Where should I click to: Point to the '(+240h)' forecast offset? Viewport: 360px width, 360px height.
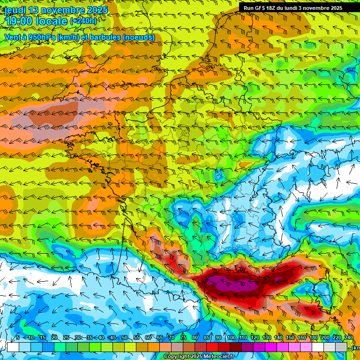83,21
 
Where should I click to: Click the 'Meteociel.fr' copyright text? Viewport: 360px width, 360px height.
216,357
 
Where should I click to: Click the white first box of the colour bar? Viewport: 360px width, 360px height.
13,347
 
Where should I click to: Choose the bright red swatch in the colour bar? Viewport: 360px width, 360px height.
212,347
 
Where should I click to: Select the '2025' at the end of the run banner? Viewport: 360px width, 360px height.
335,8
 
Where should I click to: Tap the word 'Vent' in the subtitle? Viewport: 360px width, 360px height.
13,37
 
